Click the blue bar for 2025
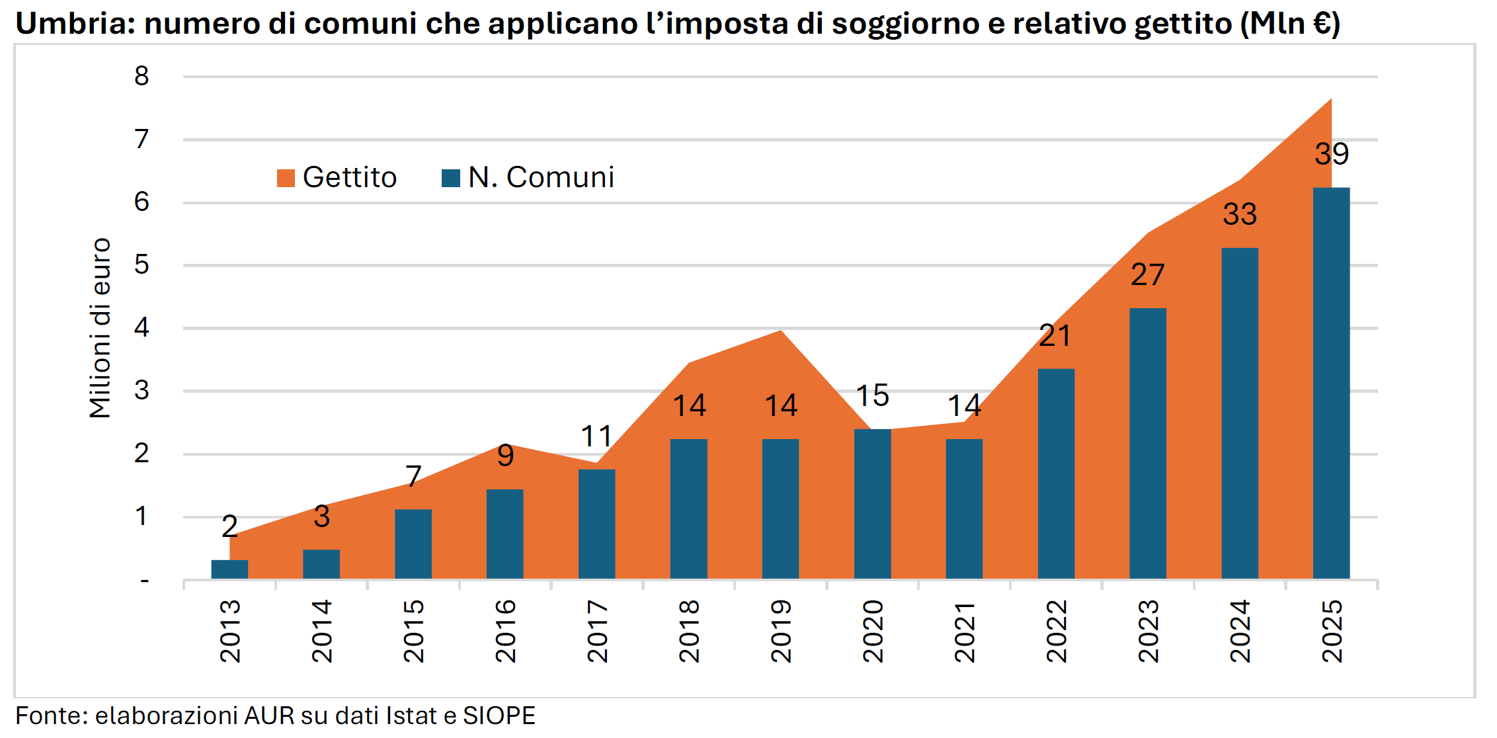(x=1331, y=384)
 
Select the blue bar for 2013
(x=229, y=569)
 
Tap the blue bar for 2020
(x=872, y=504)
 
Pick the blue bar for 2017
(x=596, y=524)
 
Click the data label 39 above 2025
(x=1331, y=154)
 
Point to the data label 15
(x=872, y=395)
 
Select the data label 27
(x=1147, y=275)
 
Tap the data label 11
(x=596, y=436)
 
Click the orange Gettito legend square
(x=286, y=178)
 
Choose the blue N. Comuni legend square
(x=451, y=178)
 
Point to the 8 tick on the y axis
(x=142, y=76)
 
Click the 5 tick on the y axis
(x=142, y=265)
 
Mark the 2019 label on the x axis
(x=781, y=631)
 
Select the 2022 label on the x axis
(x=1056, y=631)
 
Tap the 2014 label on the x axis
(x=322, y=631)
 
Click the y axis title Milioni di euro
(x=101, y=328)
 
